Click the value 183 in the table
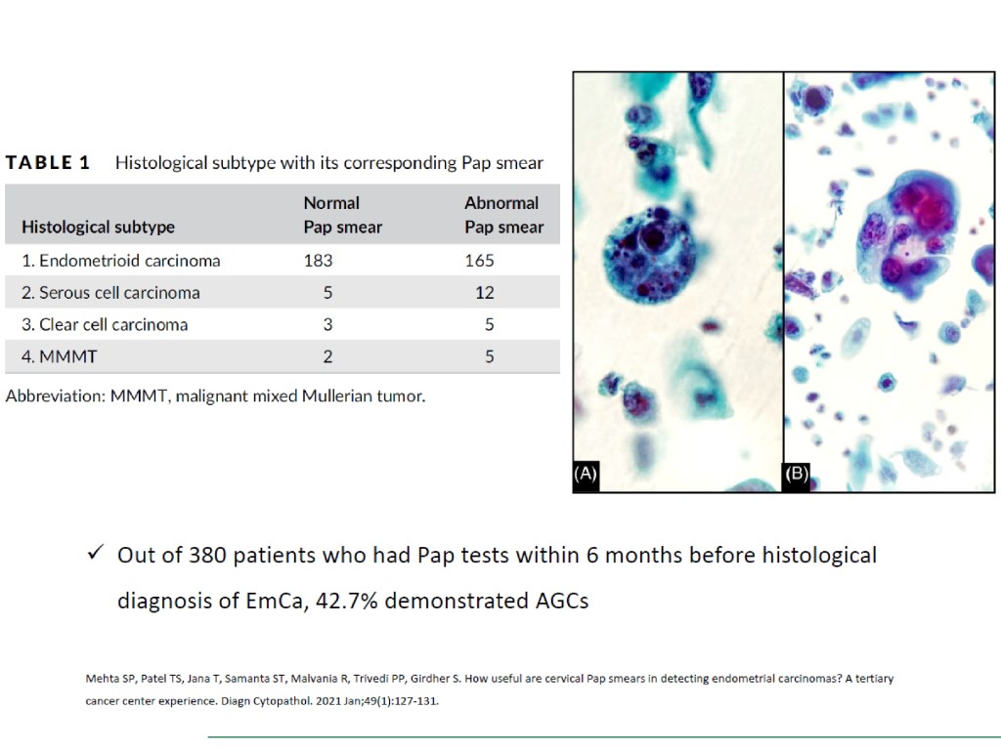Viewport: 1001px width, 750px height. click(x=318, y=260)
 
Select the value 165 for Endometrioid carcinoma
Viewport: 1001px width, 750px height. click(x=479, y=260)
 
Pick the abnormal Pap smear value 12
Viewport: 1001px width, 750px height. click(x=485, y=292)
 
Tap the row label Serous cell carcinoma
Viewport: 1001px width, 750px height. click(x=110, y=292)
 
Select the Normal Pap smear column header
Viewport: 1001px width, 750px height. click(x=343, y=215)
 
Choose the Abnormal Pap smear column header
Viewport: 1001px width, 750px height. click(x=503, y=215)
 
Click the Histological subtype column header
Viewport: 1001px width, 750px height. click(x=99, y=227)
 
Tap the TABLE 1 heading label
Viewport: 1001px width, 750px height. click(x=48, y=163)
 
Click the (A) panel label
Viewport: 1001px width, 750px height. click(x=585, y=474)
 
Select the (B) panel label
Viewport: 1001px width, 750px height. click(x=797, y=474)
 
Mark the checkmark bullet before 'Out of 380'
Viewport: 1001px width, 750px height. click(x=96, y=552)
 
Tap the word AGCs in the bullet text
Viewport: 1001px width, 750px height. click(x=562, y=601)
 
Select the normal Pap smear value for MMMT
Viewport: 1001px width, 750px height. click(x=327, y=355)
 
